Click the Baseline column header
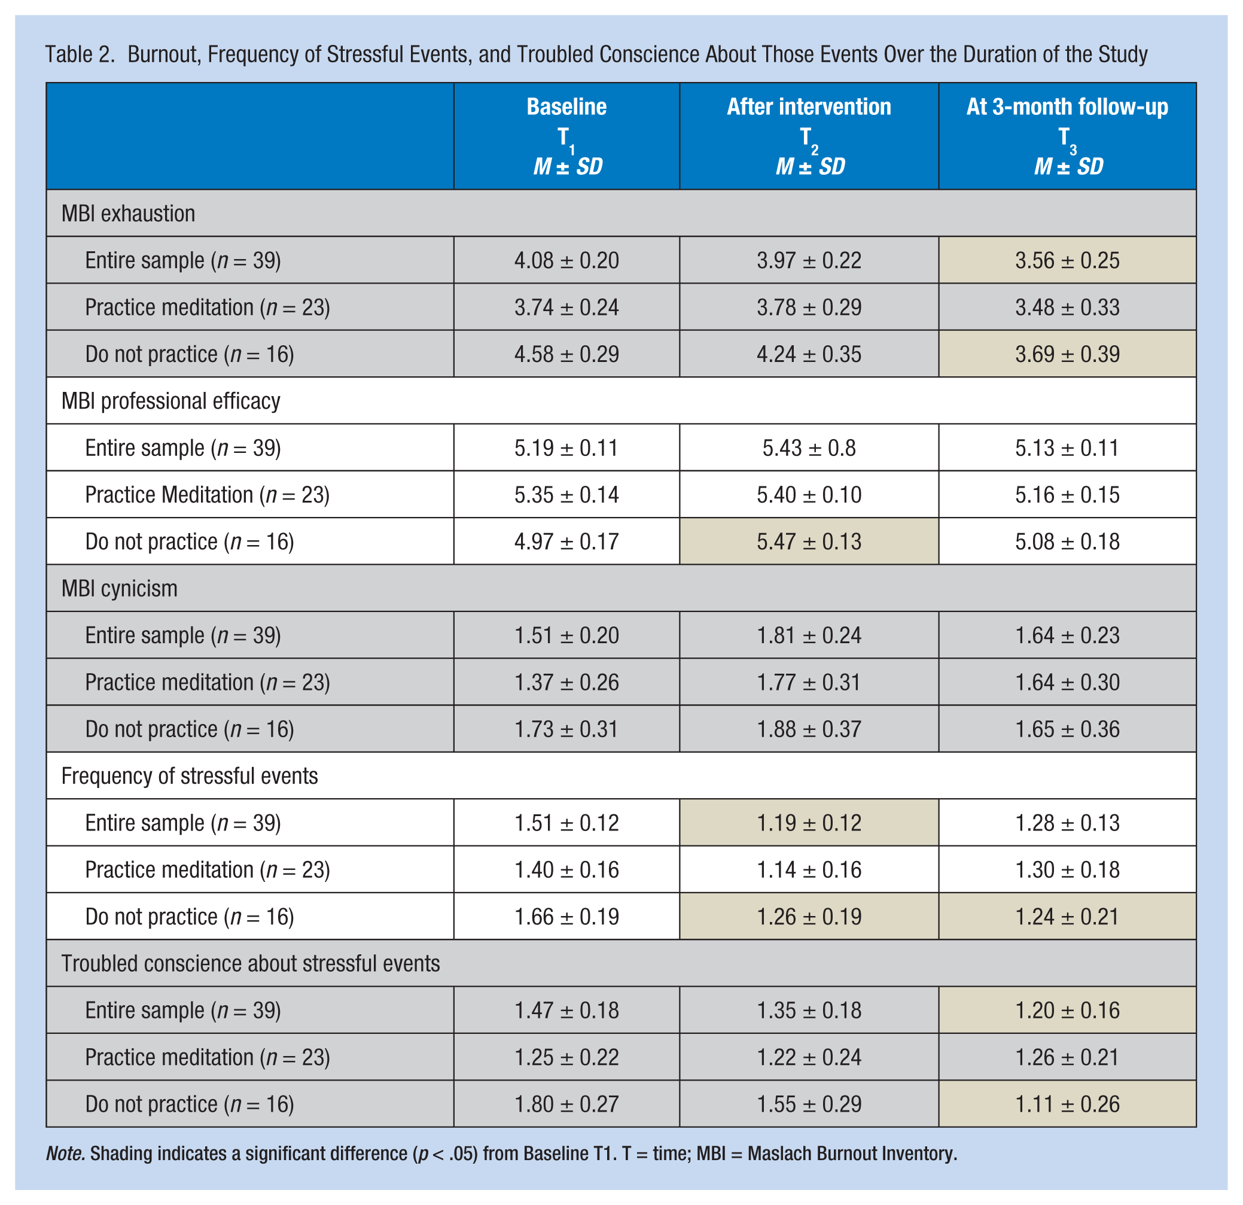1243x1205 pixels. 566,106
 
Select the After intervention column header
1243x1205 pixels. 809,106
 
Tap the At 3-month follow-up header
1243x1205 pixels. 1067,106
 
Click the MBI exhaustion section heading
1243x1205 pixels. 128,214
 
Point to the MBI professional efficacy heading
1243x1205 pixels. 170,401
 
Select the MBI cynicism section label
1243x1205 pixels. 119,589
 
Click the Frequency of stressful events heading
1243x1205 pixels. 190,775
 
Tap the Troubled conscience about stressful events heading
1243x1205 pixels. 251,963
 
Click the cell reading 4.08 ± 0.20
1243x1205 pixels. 566,261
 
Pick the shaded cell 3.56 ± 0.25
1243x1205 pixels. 1067,261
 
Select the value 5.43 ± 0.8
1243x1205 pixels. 809,448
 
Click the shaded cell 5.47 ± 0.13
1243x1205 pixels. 809,541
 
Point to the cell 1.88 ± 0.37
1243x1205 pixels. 809,729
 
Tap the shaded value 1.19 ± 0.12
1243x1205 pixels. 809,823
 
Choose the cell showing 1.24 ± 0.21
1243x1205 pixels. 1067,917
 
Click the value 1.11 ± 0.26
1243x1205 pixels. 1067,1104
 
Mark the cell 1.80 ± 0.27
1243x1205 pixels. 566,1104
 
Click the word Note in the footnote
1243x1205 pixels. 65,1154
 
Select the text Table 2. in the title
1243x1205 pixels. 80,54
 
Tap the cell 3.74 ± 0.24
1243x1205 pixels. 566,308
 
